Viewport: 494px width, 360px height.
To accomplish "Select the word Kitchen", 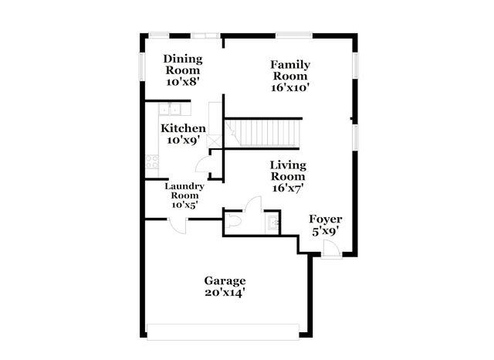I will coord(183,128).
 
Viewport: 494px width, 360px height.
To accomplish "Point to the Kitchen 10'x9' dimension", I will coord(183,141).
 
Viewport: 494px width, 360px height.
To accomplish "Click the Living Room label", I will coord(288,171).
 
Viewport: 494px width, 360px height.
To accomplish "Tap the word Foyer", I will coord(325,219).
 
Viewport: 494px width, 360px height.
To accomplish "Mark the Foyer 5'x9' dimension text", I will coord(325,231).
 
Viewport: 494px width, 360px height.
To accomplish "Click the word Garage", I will coord(225,280).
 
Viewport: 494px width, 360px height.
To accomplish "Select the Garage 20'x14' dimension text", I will coord(225,293).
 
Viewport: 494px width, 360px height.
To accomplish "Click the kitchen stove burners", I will coord(151,162).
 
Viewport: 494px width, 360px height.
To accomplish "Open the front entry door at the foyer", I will coord(330,249).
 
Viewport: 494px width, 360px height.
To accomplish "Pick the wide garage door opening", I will coord(224,331).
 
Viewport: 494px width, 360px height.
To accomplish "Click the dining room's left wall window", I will coord(141,66).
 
